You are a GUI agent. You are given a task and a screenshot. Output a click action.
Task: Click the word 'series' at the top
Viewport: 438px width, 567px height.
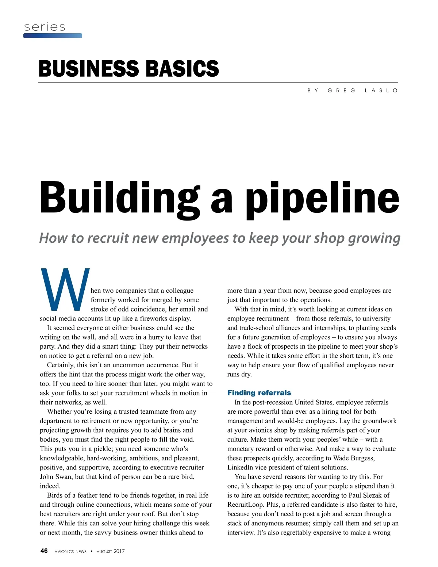(x=45, y=27)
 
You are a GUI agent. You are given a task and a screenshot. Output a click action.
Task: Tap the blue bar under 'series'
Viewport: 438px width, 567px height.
(x=53, y=36)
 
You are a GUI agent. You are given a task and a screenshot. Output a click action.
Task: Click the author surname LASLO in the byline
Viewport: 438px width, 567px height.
(x=381, y=91)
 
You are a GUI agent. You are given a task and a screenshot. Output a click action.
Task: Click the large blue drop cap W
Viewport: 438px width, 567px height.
(x=65, y=289)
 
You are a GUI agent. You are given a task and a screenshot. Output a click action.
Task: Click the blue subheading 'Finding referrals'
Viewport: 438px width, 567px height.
(x=259, y=393)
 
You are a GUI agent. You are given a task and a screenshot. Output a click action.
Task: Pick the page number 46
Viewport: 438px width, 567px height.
(x=44, y=551)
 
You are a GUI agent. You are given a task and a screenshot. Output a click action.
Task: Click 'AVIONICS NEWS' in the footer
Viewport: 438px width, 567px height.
(x=70, y=552)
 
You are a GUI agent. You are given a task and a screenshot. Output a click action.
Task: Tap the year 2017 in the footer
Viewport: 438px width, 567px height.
(x=119, y=552)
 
